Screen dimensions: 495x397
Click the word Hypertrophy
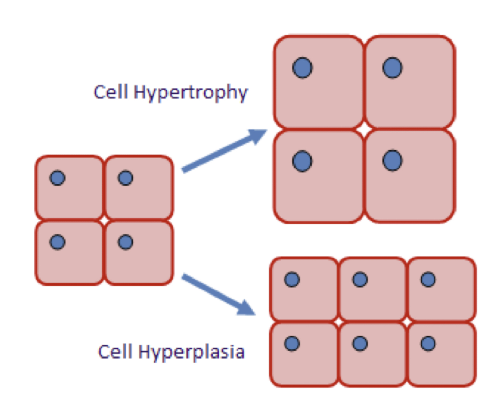pyautogui.click(x=191, y=93)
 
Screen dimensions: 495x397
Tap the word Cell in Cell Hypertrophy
pyautogui.click(x=111, y=92)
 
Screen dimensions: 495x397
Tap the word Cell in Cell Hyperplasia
pyautogui.click(x=115, y=351)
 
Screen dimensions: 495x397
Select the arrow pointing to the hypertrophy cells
pyautogui.click(x=224, y=151)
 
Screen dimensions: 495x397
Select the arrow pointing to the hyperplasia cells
pyautogui.click(x=219, y=295)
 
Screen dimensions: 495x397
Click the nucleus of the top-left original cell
pyautogui.click(x=58, y=178)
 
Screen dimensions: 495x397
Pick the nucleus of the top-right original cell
pyautogui.click(x=126, y=178)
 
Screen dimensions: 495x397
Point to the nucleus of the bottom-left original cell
pyautogui.click(x=58, y=242)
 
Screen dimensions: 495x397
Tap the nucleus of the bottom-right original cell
pyautogui.click(x=126, y=242)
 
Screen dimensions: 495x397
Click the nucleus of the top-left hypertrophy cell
pyautogui.click(x=302, y=68)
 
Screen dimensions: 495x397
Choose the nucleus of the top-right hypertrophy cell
pyautogui.click(x=393, y=68)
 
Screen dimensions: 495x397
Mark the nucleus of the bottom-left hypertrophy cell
pyautogui.click(x=302, y=161)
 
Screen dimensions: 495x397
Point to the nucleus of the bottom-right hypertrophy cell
pyautogui.click(x=393, y=161)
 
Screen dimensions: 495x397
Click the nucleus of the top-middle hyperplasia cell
pyautogui.click(x=360, y=280)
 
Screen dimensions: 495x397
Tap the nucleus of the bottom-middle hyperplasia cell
pyautogui.click(x=360, y=344)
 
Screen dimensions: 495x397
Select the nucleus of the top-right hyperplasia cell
pyautogui.click(x=428, y=280)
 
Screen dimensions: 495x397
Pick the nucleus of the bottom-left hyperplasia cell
pyautogui.click(x=292, y=344)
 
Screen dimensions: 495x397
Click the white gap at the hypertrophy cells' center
pyautogui.click(x=364, y=129)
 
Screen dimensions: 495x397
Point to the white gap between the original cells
pyautogui.click(x=104, y=220)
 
